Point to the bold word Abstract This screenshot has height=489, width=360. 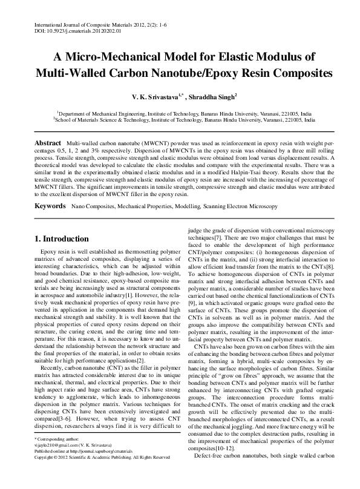click(x=47, y=141)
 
